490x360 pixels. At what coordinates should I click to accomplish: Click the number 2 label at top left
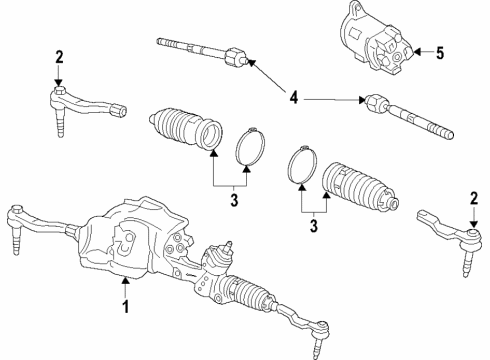pos(59,56)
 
